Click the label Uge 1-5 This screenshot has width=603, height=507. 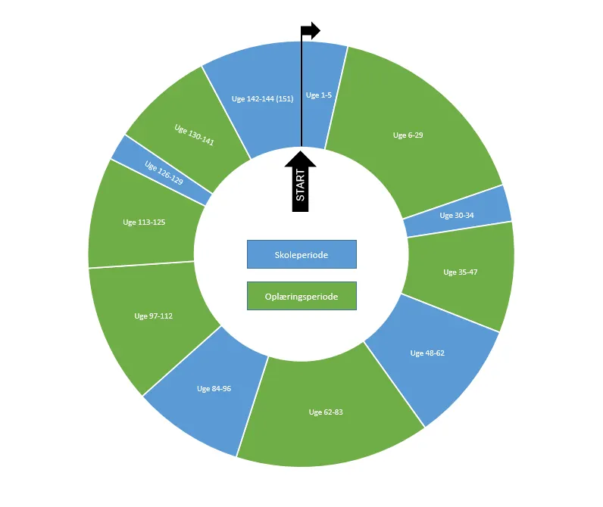point(319,95)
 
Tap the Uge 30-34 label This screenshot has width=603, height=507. point(457,215)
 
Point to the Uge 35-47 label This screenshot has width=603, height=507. point(461,272)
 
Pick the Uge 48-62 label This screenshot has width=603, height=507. point(427,353)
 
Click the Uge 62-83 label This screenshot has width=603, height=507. point(326,412)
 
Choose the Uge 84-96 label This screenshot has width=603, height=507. point(214,389)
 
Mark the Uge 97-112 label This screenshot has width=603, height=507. point(153,316)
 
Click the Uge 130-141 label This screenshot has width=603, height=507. point(194,135)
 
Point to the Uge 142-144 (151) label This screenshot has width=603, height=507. point(261,98)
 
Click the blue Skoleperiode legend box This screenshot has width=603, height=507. point(301,255)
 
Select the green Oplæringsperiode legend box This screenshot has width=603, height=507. point(301,297)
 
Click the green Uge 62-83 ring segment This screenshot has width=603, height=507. point(333,439)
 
